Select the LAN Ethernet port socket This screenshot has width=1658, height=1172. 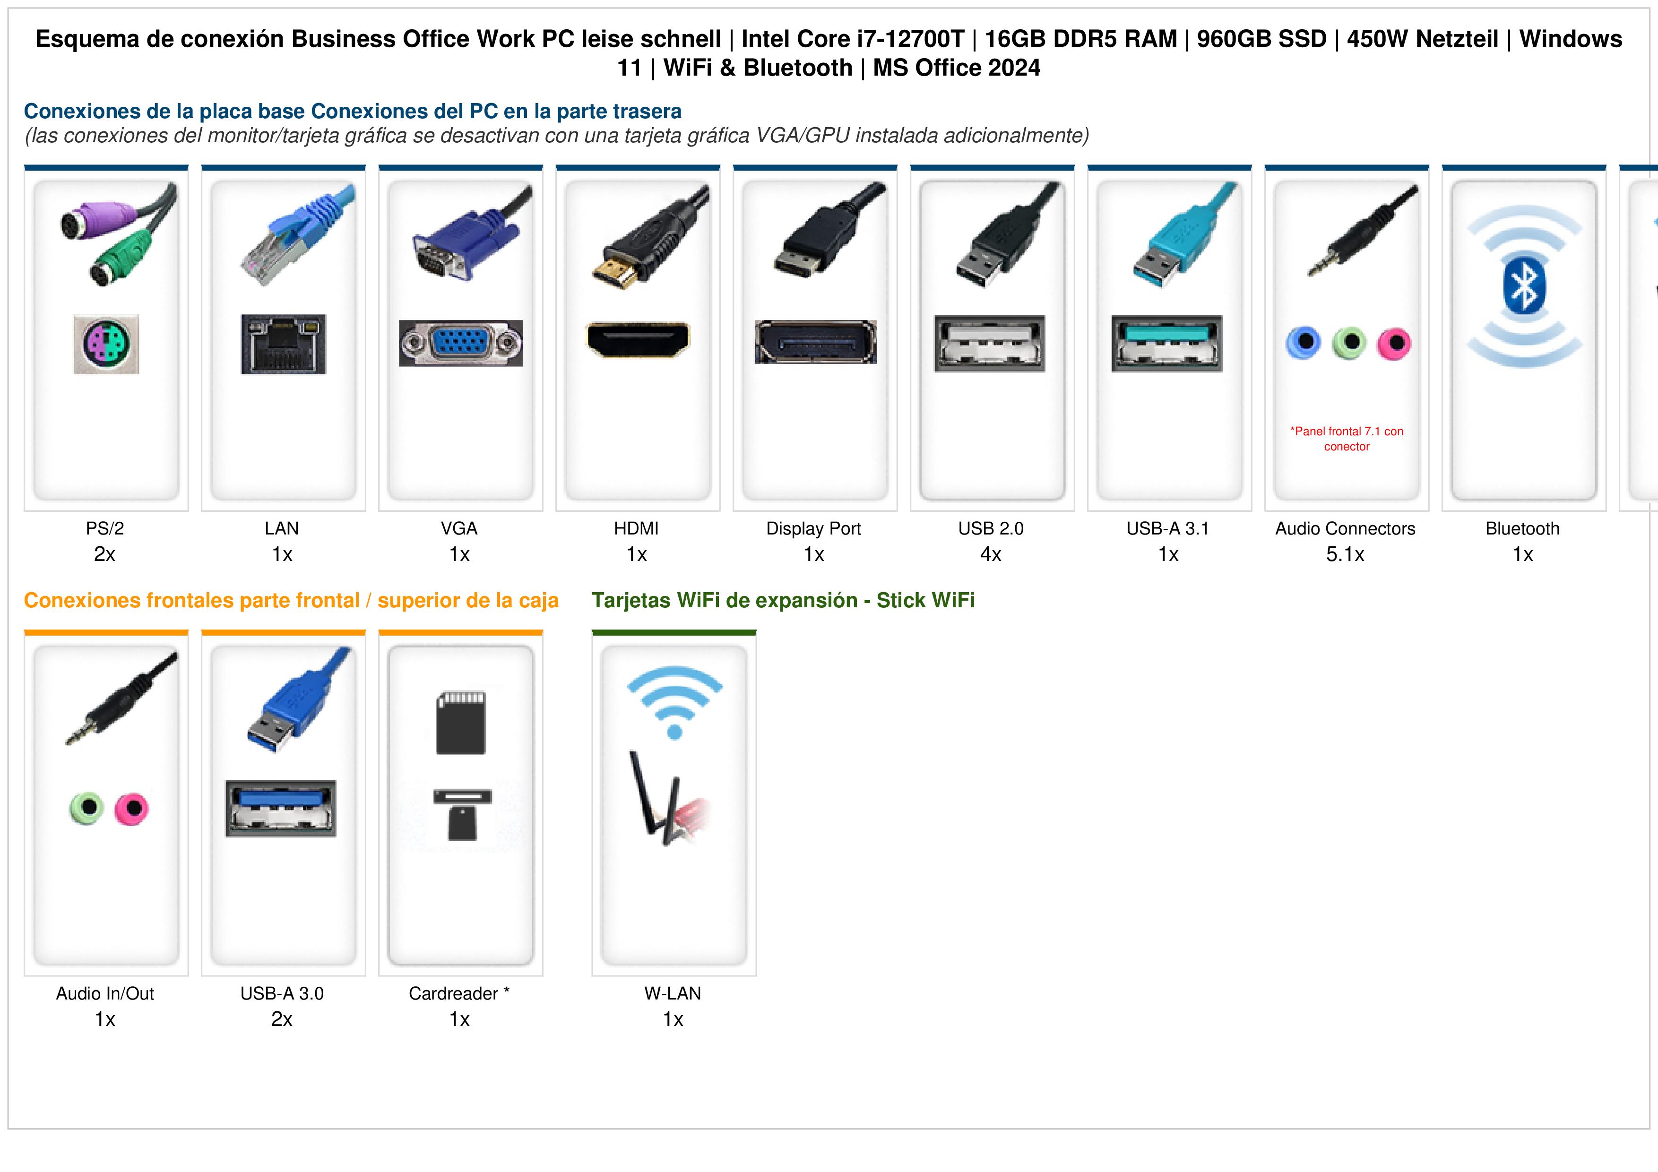(283, 344)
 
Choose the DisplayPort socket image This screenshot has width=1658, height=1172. (816, 342)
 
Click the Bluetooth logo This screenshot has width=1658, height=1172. (1524, 286)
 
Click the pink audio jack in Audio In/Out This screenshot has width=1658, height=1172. (131, 809)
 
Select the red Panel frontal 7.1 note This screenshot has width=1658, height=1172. (1347, 439)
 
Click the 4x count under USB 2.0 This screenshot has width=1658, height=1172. (991, 555)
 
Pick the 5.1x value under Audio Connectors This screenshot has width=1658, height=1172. (1345, 555)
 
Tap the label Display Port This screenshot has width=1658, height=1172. (814, 529)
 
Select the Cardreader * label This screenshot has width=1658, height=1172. (459, 994)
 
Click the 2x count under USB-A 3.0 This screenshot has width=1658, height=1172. (282, 1020)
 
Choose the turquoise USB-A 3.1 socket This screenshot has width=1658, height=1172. (1167, 344)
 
